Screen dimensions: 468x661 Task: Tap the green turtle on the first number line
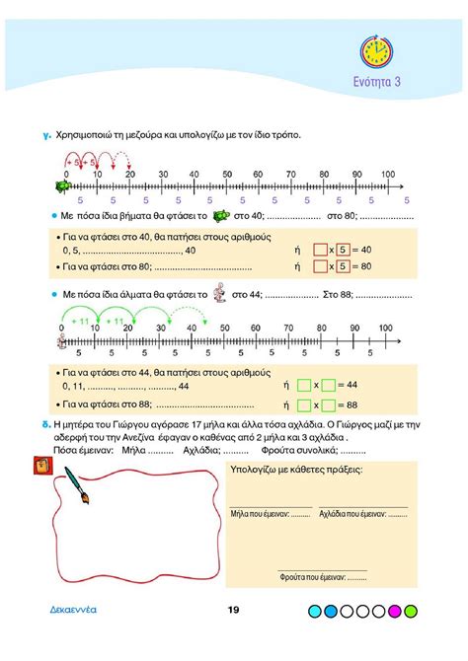63,184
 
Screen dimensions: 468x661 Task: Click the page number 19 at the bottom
233,613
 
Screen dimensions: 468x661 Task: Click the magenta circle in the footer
395,613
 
